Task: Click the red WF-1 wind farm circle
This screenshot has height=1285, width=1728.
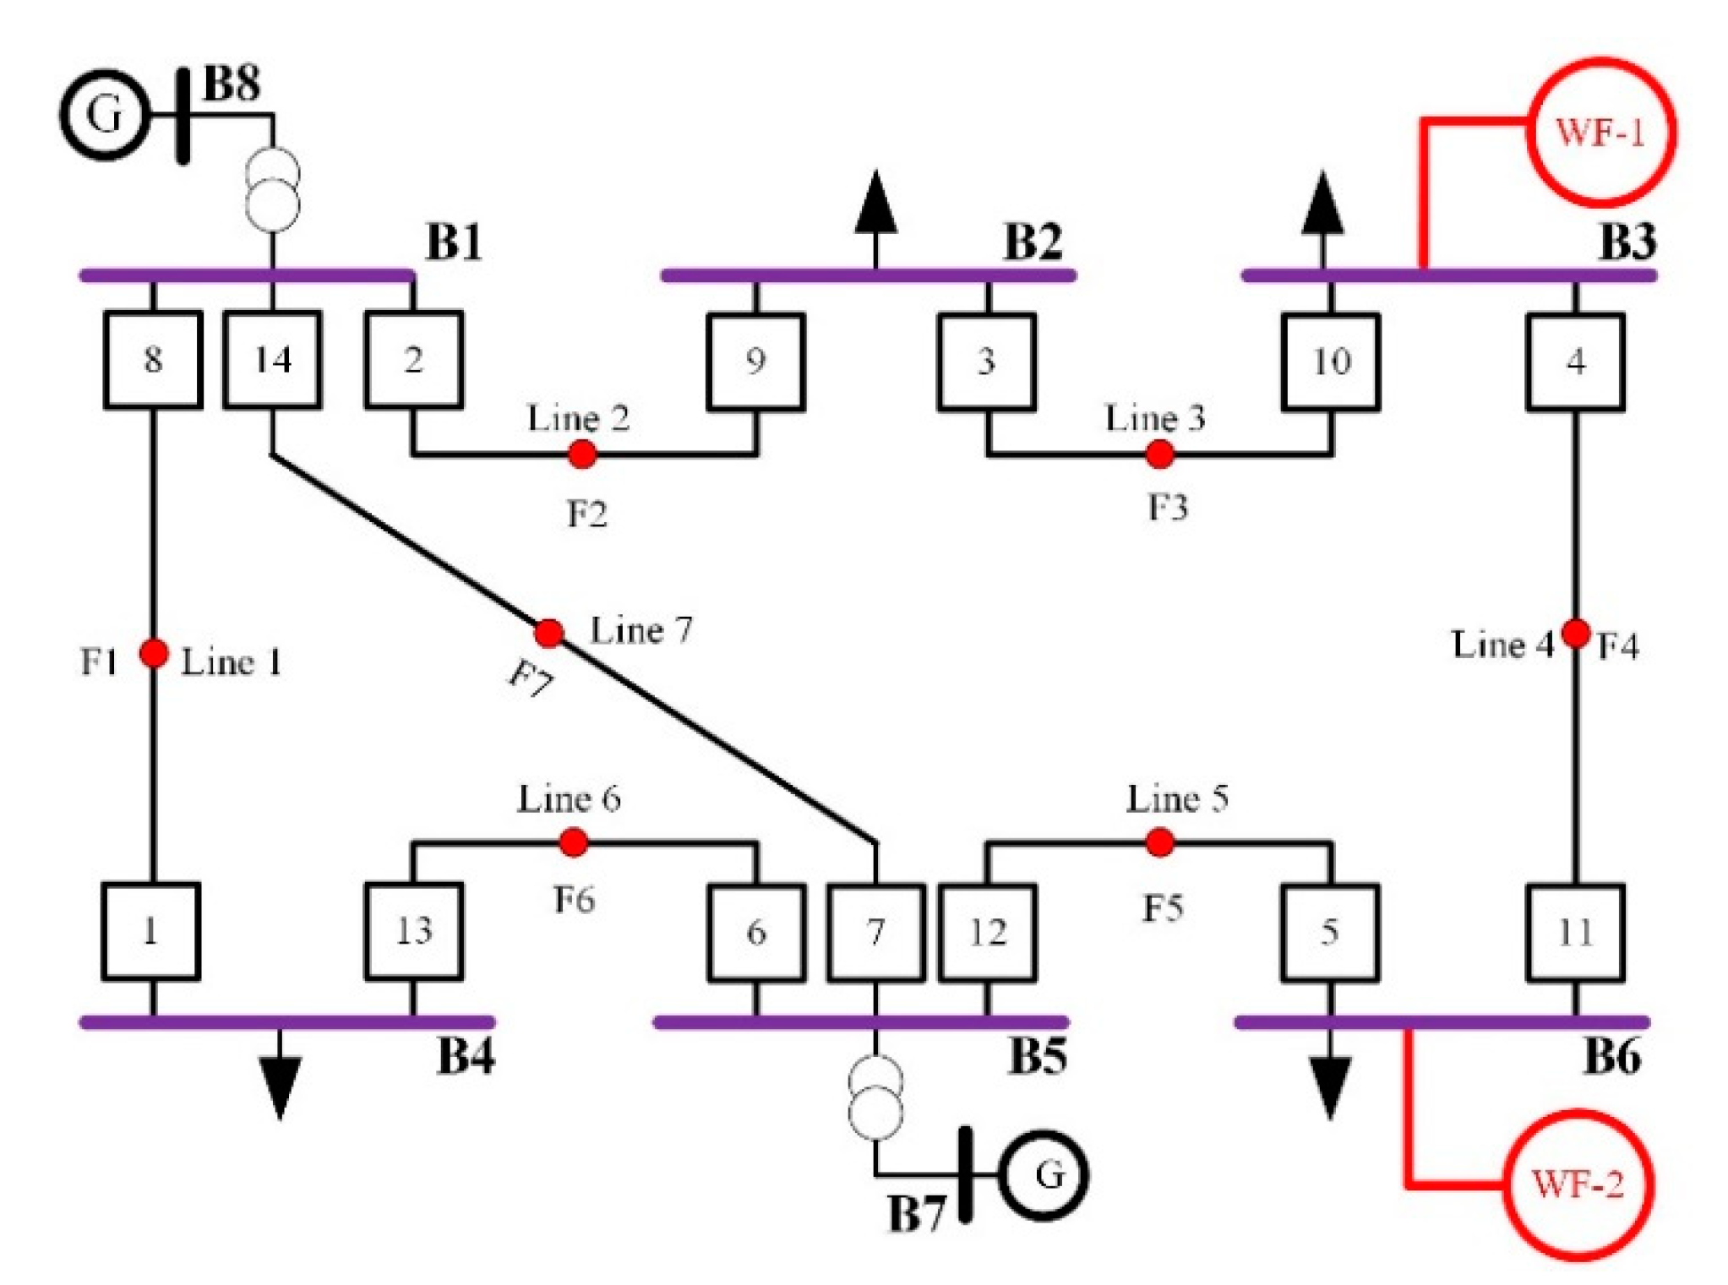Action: [1600, 133]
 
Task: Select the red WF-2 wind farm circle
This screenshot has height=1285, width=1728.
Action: [1577, 1184]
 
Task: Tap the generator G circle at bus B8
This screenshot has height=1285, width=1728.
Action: [104, 114]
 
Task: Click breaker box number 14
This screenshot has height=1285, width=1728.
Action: [272, 360]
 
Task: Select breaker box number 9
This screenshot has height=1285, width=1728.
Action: [755, 362]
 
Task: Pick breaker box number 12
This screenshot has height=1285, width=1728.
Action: [987, 933]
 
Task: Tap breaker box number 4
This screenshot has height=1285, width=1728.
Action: [1575, 362]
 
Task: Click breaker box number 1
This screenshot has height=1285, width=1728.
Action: [151, 931]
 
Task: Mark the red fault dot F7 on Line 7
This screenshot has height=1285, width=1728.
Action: [549, 632]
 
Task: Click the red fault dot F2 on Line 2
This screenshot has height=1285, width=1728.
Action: [582, 455]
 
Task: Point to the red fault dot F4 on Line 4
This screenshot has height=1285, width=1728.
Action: [1575, 632]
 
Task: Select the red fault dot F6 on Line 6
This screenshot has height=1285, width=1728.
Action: [574, 841]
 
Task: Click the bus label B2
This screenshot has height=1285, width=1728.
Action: [1033, 242]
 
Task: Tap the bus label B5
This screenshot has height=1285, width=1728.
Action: [1038, 1056]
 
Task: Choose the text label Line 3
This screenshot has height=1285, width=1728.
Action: [1155, 417]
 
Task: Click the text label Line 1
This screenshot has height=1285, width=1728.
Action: [231, 662]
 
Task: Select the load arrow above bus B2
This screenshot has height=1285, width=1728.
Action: [876, 205]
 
